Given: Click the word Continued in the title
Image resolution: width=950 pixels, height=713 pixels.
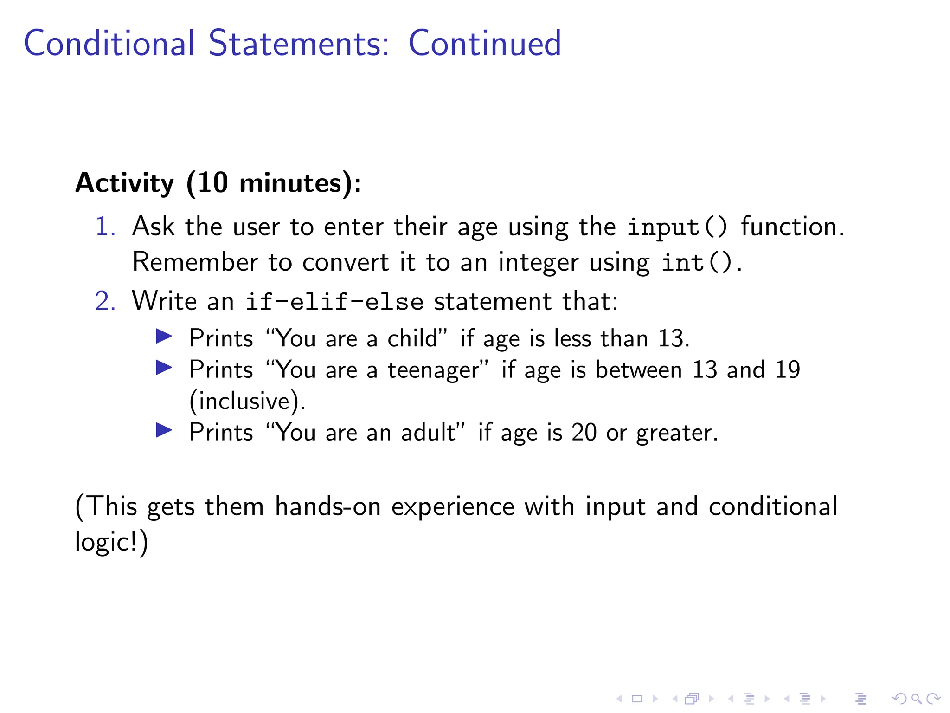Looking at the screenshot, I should coord(484,43).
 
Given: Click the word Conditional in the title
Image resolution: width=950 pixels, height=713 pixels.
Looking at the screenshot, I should coord(109,43).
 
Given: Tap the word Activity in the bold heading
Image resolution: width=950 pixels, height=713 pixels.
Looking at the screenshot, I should coord(124,183).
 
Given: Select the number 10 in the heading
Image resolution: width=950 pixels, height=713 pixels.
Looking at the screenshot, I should coord(213,182).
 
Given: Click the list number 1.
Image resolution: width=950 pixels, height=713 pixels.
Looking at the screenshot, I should coord(105,227).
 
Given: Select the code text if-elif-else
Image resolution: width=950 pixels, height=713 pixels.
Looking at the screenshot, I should coord(334,302).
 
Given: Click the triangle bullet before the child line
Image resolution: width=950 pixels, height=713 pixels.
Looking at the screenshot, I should coord(164,336).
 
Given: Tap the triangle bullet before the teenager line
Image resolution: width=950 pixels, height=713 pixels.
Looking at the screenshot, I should coord(164,368).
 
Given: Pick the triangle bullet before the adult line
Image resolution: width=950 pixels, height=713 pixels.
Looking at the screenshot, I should coord(164,430).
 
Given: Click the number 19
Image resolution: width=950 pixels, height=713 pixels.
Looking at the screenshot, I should coord(787,370).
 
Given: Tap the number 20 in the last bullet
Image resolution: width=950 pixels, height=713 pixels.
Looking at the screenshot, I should coord(584,433).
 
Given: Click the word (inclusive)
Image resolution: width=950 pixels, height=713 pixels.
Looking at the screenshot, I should coord(247,402).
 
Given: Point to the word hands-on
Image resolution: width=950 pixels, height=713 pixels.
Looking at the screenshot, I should coord(327,506).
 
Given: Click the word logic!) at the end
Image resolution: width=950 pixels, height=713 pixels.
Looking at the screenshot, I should coord(111,542).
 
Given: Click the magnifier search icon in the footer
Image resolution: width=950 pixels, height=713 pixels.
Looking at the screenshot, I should coord(916,699).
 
